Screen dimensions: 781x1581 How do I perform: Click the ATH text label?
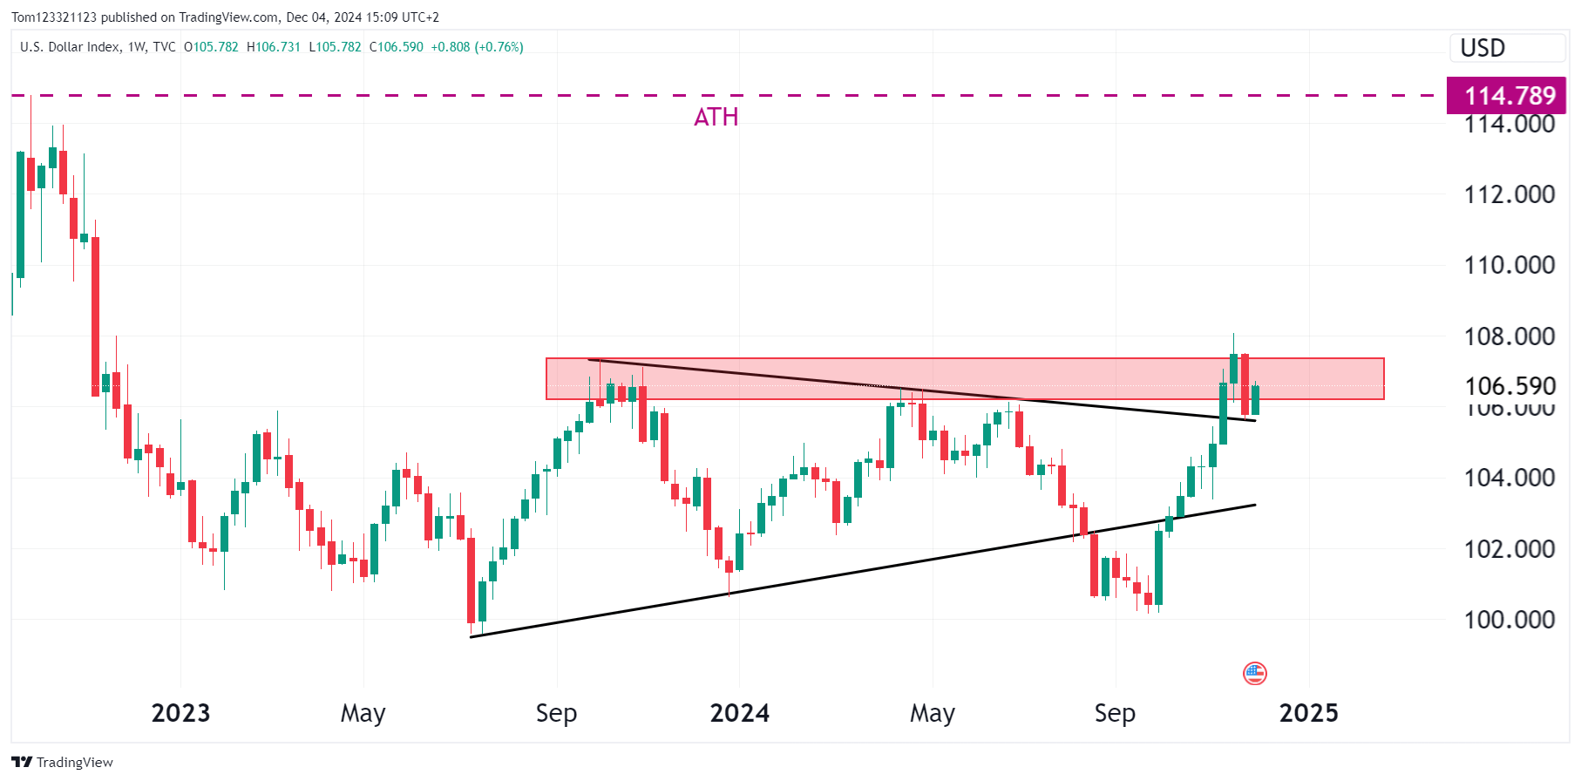pyautogui.click(x=716, y=117)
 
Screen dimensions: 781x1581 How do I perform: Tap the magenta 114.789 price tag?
pyautogui.click(x=1509, y=95)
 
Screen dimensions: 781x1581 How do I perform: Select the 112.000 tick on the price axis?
pyautogui.click(x=1509, y=194)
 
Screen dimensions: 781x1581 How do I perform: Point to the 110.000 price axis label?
pyautogui.click(x=1509, y=265)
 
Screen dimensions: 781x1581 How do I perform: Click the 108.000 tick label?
pyautogui.click(x=1509, y=336)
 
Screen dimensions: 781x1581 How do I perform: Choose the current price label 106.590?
pyautogui.click(x=1510, y=386)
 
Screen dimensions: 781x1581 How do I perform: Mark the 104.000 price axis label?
pyautogui.click(x=1509, y=478)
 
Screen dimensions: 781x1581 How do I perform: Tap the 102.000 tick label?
pyautogui.click(x=1509, y=549)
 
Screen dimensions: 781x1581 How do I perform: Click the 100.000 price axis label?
pyautogui.click(x=1509, y=620)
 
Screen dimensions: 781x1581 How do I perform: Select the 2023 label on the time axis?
pyautogui.click(x=180, y=713)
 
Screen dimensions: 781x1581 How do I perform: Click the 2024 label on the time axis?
pyautogui.click(x=739, y=713)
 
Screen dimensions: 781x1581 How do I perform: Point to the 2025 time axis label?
pyautogui.click(x=1308, y=713)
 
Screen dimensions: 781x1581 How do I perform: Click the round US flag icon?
pyautogui.click(x=1254, y=673)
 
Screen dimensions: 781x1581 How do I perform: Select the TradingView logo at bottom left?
pyautogui.click(x=63, y=762)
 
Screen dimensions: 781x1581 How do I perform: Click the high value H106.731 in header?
pyautogui.click(x=274, y=47)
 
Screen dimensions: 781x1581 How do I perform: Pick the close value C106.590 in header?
pyautogui.click(x=397, y=47)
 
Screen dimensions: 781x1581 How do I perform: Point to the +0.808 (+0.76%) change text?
pyautogui.click(x=478, y=47)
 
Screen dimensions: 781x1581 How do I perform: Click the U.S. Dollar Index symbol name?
pyautogui.click(x=70, y=47)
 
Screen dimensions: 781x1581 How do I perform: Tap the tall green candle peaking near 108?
pyautogui.click(x=1233, y=368)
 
